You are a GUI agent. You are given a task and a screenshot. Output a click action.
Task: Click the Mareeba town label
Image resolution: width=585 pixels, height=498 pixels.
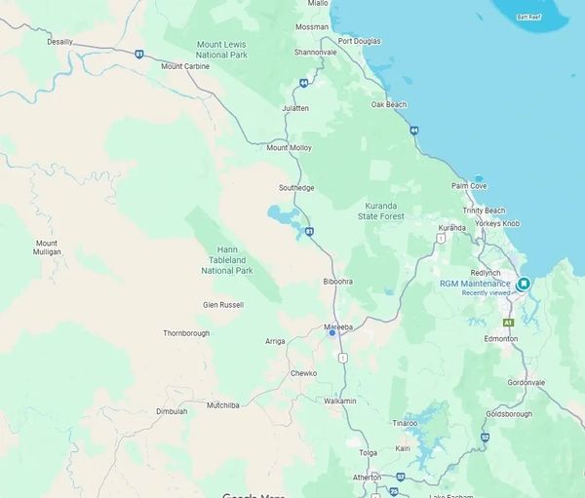point(337,326)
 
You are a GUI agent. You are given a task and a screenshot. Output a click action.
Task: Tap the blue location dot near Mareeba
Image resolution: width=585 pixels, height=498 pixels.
point(332,333)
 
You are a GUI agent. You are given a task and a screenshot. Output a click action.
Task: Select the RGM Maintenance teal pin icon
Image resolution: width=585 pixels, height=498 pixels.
point(524,284)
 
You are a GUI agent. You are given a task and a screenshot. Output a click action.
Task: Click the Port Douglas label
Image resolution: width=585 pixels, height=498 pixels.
point(361,41)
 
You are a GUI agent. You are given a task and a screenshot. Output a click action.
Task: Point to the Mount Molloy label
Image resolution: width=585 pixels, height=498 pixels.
point(289,147)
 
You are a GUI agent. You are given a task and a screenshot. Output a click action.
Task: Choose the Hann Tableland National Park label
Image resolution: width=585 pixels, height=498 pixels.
point(226,260)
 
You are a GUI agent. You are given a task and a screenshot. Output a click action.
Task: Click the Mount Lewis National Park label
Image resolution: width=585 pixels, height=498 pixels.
point(222,50)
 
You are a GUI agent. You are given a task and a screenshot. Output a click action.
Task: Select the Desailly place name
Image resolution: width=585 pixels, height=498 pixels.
point(59,42)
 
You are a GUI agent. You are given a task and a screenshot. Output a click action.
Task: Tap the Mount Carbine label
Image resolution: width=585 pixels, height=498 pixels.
point(184,66)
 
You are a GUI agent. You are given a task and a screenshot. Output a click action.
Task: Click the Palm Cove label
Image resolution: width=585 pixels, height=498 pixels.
point(469,185)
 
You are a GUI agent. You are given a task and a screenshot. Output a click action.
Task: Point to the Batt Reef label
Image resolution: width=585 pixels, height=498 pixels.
point(529,17)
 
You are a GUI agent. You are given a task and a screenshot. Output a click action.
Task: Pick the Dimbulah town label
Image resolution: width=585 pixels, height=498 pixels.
point(172,411)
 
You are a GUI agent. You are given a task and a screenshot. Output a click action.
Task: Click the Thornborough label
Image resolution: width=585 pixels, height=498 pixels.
point(186,332)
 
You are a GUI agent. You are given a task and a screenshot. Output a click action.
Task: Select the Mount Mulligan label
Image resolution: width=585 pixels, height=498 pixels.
point(47,248)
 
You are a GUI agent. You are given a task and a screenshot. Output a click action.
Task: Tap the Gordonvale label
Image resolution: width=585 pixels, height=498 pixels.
point(526,382)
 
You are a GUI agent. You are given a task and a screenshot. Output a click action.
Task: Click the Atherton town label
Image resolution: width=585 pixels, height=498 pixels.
point(367,477)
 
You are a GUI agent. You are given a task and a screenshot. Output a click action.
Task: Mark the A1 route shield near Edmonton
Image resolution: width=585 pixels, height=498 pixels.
point(507,322)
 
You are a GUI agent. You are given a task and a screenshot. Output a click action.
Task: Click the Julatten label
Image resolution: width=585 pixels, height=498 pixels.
point(294,107)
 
